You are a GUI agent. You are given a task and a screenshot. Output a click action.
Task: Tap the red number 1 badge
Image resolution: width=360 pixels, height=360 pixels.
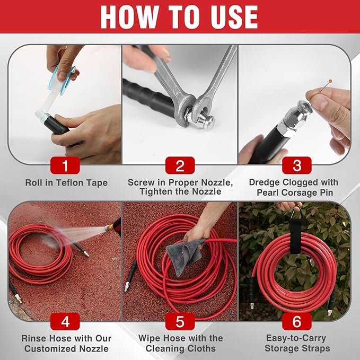(x=65, y=165)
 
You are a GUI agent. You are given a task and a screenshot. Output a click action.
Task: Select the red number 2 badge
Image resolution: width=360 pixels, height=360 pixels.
(x=180, y=165)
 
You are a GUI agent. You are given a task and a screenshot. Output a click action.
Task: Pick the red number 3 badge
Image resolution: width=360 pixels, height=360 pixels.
(x=295, y=165)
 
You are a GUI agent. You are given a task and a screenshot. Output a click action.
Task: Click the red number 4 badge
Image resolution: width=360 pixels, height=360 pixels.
(x=65, y=322)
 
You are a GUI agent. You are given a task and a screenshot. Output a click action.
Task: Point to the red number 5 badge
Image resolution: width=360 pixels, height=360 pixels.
(x=180, y=322)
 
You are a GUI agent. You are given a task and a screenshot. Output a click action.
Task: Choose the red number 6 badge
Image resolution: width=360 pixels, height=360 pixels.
(x=295, y=322)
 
